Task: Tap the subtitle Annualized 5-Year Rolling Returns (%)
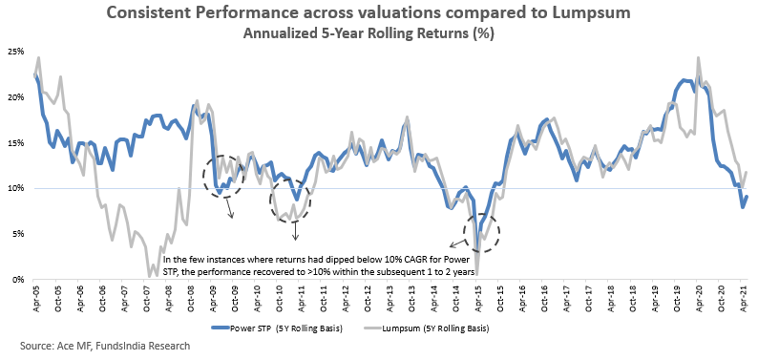coord(368,34)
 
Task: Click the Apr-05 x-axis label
coord(36,298)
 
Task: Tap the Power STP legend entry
coord(278,328)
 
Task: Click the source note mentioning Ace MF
coord(105,346)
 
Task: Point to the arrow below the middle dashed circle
coord(295,230)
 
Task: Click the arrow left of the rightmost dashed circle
coord(457,243)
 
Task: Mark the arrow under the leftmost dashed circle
coord(230,207)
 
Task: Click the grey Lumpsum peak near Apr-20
coord(698,57)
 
